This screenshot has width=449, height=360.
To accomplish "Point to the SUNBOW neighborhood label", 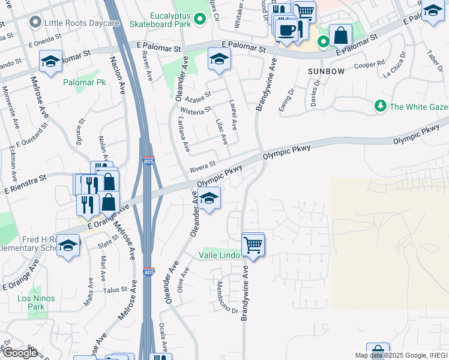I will (x=326, y=71).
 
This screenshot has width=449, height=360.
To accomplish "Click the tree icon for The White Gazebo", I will (x=380, y=107).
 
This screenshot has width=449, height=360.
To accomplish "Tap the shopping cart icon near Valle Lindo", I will (x=253, y=245).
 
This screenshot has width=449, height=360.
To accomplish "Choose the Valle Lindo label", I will (x=220, y=256).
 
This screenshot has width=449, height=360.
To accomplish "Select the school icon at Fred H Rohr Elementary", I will (x=68, y=245).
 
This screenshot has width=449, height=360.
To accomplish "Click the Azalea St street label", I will (x=199, y=96).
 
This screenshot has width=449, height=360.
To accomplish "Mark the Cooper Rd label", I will (x=369, y=64).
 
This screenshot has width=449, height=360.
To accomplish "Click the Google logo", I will (x=20, y=353).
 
